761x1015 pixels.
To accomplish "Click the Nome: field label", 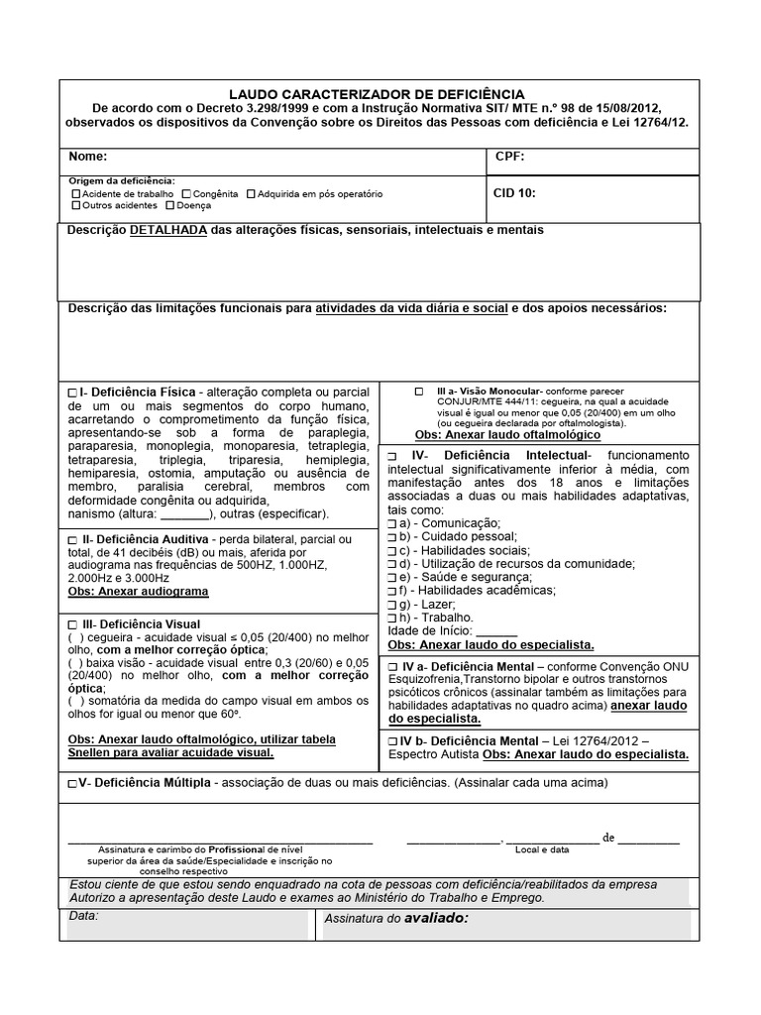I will click(87, 157).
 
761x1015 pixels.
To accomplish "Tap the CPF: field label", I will click(509, 157).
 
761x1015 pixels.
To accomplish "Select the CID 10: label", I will click(514, 193).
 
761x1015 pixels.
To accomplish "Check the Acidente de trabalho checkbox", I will click(76, 194).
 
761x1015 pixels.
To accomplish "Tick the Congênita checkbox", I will click(186, 194).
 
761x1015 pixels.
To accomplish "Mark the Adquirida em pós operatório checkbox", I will click(251, 194).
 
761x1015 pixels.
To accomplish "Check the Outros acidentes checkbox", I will click(76, 206).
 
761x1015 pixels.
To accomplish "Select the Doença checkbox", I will click(170, 206).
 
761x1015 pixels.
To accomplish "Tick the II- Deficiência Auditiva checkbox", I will click(73, 539).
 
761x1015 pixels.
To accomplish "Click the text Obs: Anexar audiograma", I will click(138, 591).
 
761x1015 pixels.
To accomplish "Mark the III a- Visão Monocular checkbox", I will click(419, 392).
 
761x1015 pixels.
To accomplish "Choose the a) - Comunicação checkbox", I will click(393, 522).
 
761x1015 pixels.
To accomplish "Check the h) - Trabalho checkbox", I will click(393, 617).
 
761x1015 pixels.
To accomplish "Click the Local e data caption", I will click(542, 849).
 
